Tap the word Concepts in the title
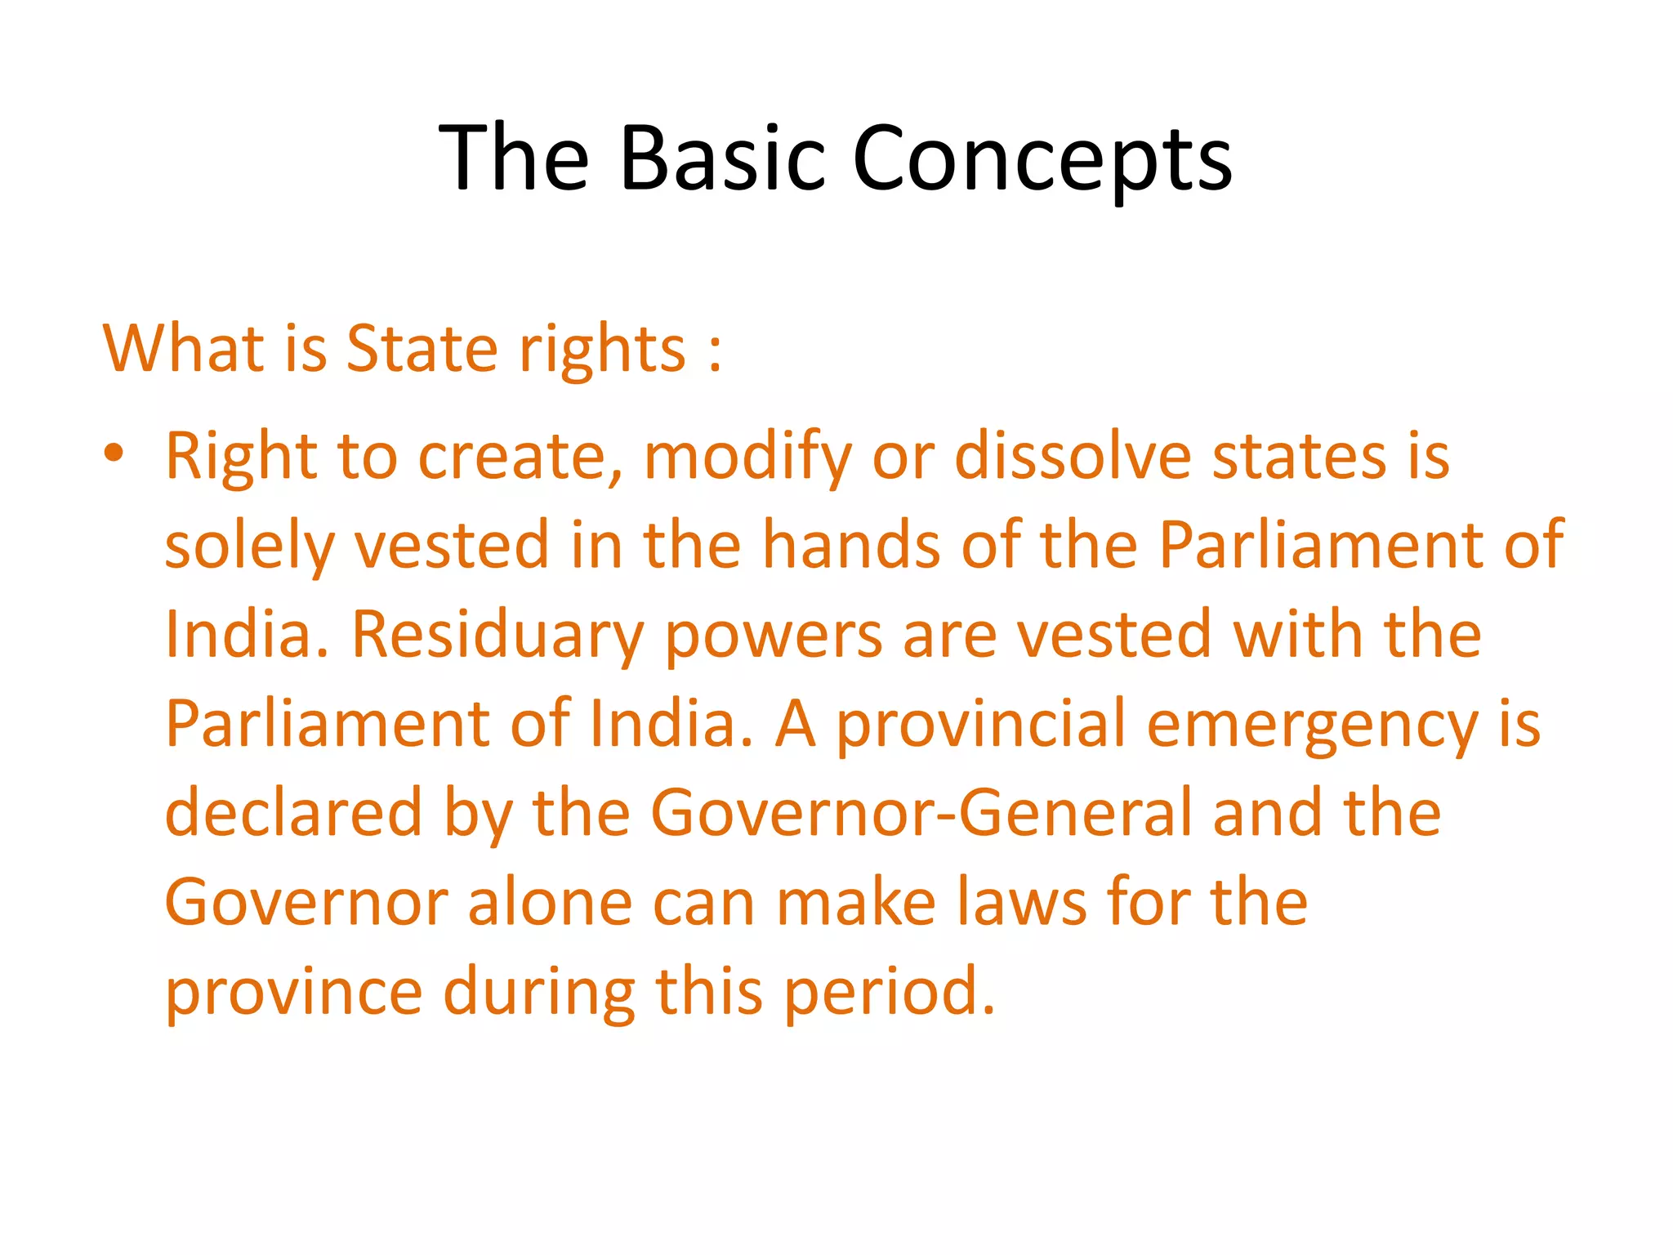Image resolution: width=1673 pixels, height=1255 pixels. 1042,159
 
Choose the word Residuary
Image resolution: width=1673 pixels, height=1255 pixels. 498,636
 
